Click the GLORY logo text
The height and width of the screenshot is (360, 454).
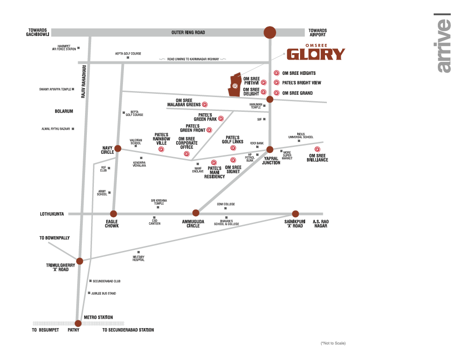316,55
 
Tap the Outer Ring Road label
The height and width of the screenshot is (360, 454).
188,32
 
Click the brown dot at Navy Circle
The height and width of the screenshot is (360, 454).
118,148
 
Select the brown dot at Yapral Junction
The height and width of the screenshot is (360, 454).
270,149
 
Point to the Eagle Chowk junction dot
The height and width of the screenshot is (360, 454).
114,214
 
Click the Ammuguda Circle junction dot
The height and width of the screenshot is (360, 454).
196,213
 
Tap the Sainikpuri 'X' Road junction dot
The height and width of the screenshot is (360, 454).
295,214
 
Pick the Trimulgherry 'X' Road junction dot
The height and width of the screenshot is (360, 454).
80,261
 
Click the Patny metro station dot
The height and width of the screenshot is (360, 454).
78,323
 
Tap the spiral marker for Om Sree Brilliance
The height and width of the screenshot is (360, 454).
317,149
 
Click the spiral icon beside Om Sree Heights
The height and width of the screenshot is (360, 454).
276,73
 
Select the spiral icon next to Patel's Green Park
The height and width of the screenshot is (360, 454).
221,118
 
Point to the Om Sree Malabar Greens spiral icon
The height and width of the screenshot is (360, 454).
205,104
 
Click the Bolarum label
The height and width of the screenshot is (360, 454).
64,111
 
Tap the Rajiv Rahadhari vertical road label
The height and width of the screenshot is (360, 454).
84,82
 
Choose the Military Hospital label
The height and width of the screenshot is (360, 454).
138,258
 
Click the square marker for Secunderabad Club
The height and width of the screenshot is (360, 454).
90,281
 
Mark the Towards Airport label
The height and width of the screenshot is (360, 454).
318,32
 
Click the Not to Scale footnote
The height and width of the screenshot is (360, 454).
333,343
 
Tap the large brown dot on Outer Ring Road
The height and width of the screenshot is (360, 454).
270,32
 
